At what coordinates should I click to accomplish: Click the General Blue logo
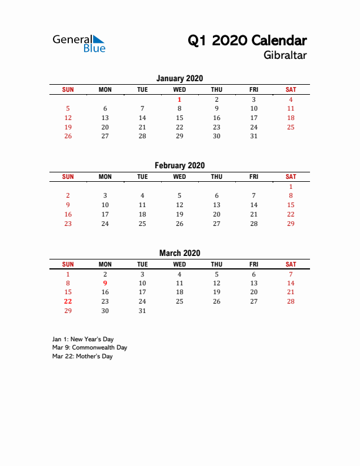79,43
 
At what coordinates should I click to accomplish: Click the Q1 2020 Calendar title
247,41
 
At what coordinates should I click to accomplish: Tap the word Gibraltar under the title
286,56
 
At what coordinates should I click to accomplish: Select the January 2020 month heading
179,78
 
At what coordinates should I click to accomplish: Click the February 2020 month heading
179,165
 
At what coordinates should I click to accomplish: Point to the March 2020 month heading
179,253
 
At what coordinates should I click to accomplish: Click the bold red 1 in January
179,99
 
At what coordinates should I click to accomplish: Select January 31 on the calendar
254,136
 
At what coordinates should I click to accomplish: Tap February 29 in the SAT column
291,224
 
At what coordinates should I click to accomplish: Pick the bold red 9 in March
105,283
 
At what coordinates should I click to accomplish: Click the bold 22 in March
68,301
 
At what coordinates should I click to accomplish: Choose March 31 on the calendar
142,311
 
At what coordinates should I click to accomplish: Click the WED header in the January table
179,89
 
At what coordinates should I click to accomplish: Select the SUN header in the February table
68,177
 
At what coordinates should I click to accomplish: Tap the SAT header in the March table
291,264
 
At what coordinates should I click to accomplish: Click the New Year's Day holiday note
82,339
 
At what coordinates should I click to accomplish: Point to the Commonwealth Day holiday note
89,347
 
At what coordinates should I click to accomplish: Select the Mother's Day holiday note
82,356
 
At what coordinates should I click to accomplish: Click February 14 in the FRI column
254,205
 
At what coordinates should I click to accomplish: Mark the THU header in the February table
216,177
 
